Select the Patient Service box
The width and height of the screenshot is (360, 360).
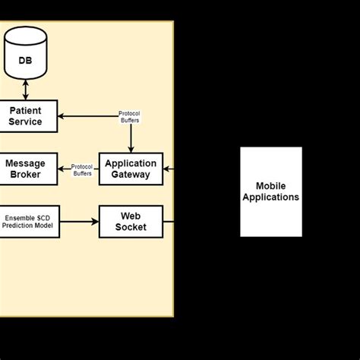coord(26,116)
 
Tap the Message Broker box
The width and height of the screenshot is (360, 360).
coord(26,169)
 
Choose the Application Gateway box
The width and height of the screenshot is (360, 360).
coord(131,169)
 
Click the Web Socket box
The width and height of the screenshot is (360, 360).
coord(131,221)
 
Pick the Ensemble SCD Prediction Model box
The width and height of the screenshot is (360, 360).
coord(29,221)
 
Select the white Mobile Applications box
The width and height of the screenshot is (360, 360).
coord(271,191)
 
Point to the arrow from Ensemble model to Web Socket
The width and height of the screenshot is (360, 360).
coord(79,221)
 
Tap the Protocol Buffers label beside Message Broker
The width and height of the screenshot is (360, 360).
coord(82,170)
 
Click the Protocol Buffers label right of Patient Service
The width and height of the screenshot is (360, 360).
coord(130,117)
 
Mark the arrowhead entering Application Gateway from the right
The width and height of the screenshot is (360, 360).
coord(166,169)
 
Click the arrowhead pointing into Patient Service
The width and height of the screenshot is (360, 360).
coord(62,116)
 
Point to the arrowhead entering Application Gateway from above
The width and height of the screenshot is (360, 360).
coord(131,147)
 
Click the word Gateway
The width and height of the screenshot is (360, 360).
coord(131,175)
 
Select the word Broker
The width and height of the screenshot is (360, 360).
coord(26,175)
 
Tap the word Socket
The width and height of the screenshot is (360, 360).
coord(131,227)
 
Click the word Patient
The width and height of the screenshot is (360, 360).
coord(26,111)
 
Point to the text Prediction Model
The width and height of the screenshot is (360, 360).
coord(29,226)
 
